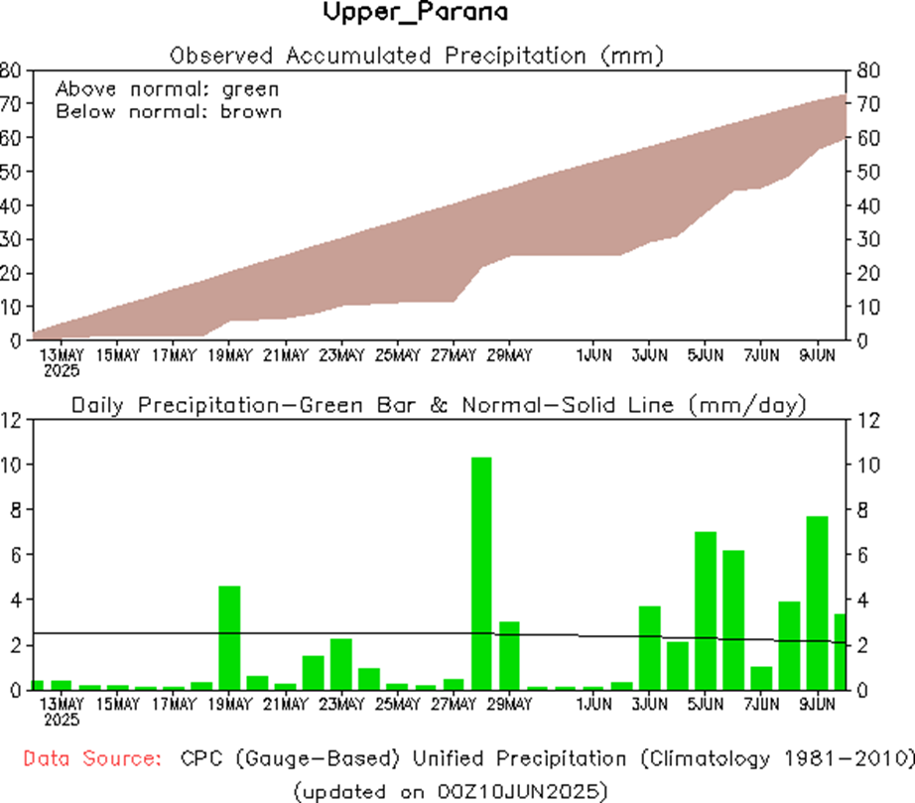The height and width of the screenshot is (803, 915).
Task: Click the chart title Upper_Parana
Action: coord(416,14)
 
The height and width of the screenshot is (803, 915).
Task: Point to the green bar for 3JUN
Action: coord(649,647)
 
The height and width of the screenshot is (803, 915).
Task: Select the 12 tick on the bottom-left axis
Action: coord(11,420)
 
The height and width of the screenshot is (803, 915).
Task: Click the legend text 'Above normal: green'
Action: coord(168,88)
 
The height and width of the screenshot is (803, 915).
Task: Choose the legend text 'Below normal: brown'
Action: coord(168,111)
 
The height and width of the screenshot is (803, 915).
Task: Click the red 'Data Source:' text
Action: coord(91,759)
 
